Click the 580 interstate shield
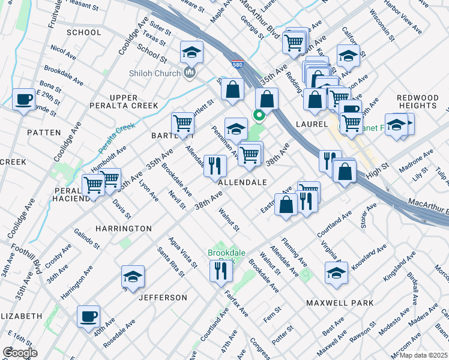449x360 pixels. click(238, 67)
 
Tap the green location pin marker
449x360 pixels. click(259, 115)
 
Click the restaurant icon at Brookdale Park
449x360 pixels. click(221, 271)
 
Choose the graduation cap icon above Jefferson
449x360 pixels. click(133, 277)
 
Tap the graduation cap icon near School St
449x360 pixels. click(191, 53)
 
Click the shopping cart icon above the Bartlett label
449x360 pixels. click(182, 124)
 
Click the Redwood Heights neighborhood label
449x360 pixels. click(417, 101)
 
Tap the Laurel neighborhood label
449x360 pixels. click(311, 124)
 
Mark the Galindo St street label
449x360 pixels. click(87, 238)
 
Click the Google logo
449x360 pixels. click(20, 353)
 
